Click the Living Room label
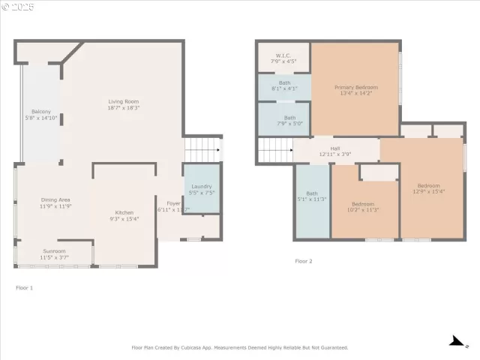[x=124, y=104]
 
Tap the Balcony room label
[x=40, y=114]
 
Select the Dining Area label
[x=55, y=202]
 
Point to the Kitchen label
[x=124, y=215]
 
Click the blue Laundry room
[x=202, y=189]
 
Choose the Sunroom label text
[x=54, y=254]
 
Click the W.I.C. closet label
[x=283, y=58]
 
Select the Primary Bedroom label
[x=354, y=90]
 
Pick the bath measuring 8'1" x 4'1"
[x=284, y=85]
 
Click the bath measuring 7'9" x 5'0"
[x=284, y=120]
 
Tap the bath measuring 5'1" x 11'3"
[x=311, y=196]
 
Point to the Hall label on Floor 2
[x=335, y=151]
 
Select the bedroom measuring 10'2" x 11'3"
[x=363, y=207]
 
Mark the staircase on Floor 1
[x=202, y=149]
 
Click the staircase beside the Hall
[x=274, y=150]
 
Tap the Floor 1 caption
[x=25, y=287]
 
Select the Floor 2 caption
[x=304, y=261]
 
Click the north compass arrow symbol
[x=455, y=341]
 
